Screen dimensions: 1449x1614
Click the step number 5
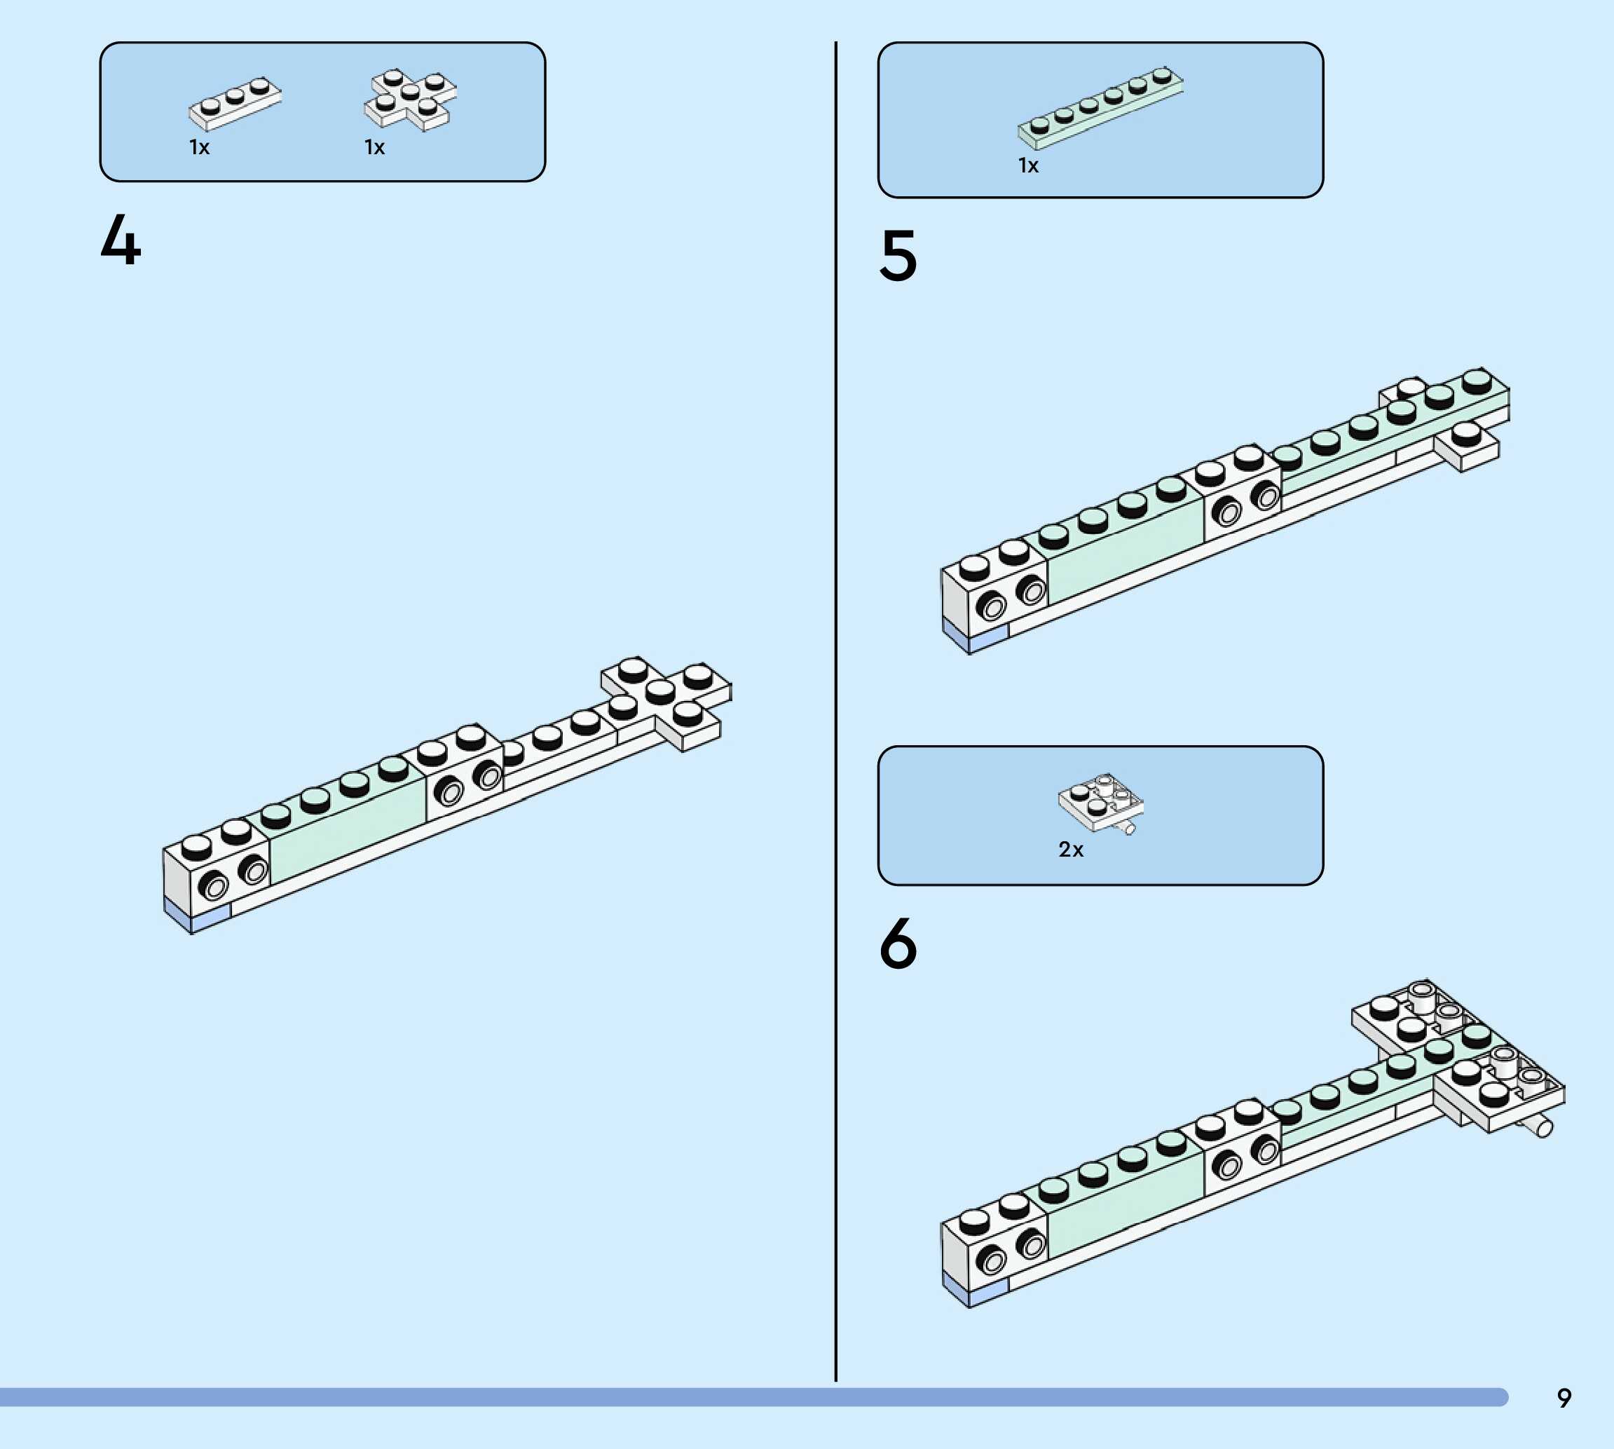coord(898,256)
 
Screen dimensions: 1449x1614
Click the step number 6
coord(898,944)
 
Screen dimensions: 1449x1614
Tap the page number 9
coord(1564,1398)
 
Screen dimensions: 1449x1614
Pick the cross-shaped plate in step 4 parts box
coord(411,100)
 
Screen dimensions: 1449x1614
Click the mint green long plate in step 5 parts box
coord(1100,108)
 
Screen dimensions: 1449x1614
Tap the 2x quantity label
coord(1070,850)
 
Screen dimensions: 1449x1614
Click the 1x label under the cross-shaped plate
coord(374,147)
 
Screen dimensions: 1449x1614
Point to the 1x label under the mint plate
coord(1028,165)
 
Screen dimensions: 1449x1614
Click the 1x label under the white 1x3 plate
coord(199,147)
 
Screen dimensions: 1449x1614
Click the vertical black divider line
coord(835,716)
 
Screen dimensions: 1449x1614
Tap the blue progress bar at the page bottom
coord(748,1397)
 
